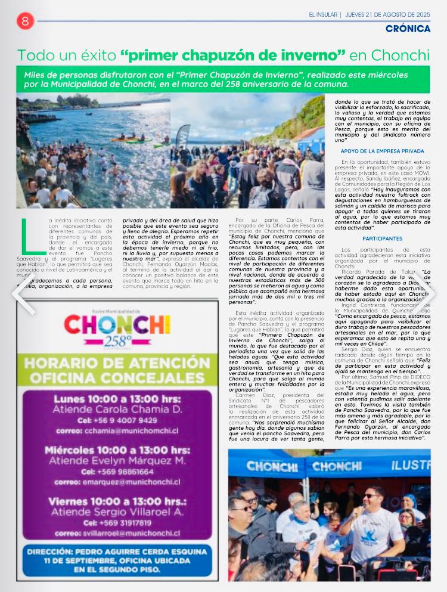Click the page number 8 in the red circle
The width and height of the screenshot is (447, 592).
click(25, 20)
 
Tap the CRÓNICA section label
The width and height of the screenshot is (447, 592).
click(408, 29)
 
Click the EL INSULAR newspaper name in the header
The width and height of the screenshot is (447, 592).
click(323, 14)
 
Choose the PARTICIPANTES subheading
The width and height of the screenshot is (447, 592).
click(382, 238)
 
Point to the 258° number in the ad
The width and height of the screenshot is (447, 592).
click(117, 342)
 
